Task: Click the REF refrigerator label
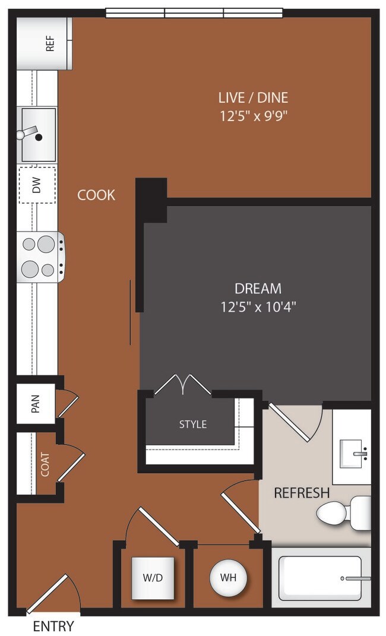click(x=50, y=43)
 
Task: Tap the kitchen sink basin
click(x=39, y=135)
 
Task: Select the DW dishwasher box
click(x=37, y=185)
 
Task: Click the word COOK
click(x=96, y=195)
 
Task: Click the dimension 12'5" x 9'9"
click(x=254, y=116)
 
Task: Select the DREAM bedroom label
click(x=258, y=289)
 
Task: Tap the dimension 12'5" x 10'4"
click(x=258, y=307)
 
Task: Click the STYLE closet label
click(x=193, y=424)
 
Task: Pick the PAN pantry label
click(x=36, y=404)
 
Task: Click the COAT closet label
click(x=45, y=464)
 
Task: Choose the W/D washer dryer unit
click(x=153, y=578)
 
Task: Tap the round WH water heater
click(x=229, y=578)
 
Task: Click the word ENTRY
click(x=53, y=626)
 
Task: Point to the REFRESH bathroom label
click(x=301, y=493)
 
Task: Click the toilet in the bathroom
click(x=343, y=512)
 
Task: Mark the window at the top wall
click(x=194, y=12)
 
